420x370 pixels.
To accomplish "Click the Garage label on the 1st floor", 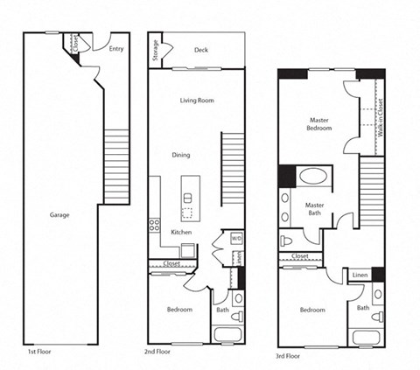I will point(59,214).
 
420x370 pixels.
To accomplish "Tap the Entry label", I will point(115,49).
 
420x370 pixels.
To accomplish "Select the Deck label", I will point(201,50).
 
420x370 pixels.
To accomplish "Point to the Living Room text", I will point(197,100).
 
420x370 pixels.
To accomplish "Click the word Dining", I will point(181,155).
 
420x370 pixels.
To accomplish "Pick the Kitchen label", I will point(181,232).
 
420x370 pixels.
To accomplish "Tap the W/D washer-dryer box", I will point(236,238).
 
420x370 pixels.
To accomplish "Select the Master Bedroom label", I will point(319,123).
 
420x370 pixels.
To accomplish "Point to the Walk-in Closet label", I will point(381,118).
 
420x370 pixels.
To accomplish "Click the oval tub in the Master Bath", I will point(312,176).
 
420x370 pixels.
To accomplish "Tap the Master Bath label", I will point(315,209).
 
